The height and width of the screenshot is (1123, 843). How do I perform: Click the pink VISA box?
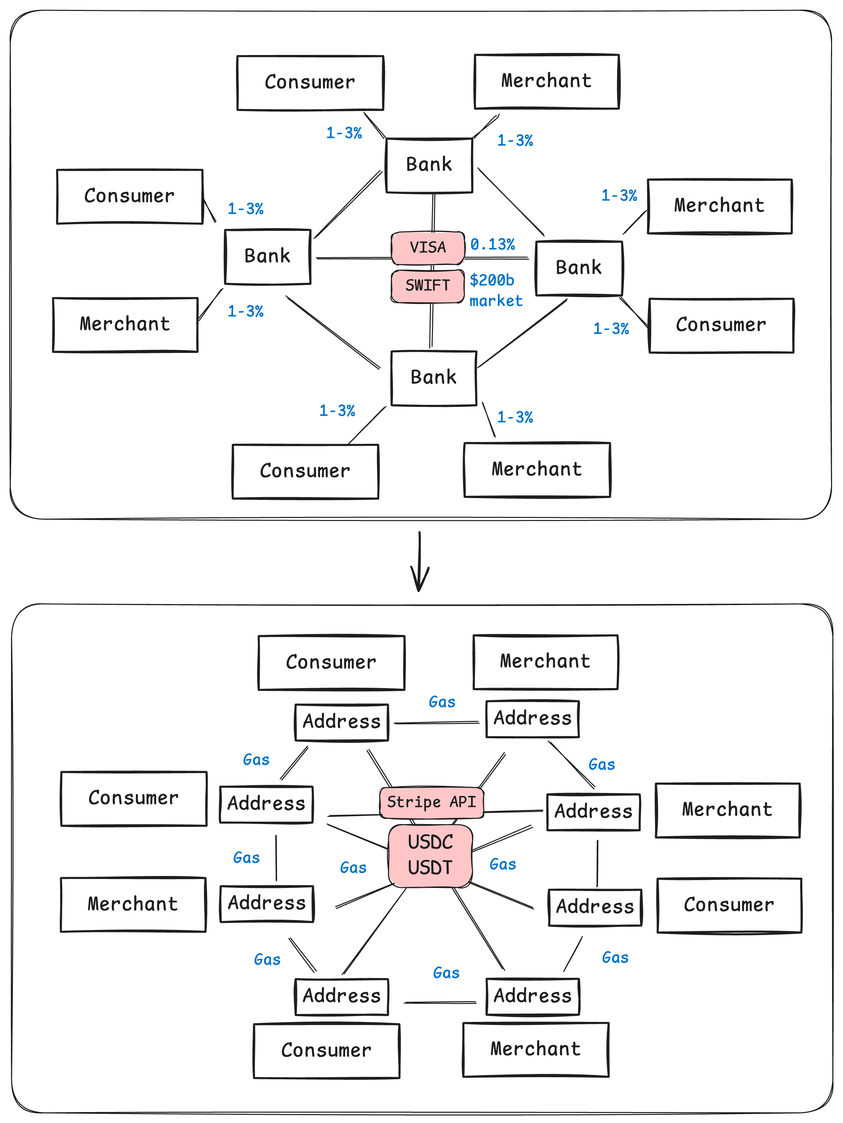click(x=427, y=248)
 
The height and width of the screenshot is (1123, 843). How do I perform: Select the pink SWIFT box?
click(x=427, y=286)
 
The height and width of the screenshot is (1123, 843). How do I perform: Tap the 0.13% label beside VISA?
click(x=493, y=245)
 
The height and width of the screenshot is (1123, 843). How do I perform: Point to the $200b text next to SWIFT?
click(x=492, y=280)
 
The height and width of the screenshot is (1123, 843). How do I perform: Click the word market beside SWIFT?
click(x=495, y=301)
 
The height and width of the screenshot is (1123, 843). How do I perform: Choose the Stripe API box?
click(x=432, y=803)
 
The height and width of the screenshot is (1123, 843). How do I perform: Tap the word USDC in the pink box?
click(x=430, y=842)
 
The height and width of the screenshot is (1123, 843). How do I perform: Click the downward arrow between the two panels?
click(x=420, y=562)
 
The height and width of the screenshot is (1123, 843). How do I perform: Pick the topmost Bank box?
click(x=429, y=165)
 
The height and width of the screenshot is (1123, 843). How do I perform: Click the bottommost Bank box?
click(x=434, y=378)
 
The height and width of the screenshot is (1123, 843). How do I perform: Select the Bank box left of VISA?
click(x=268, y=257)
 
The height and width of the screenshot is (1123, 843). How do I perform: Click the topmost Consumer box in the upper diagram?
click(x=310, y=83)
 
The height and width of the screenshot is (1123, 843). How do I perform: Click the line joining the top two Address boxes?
click(x=437, y=723)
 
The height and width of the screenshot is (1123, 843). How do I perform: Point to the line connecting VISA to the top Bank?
click(x=433, y=213)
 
